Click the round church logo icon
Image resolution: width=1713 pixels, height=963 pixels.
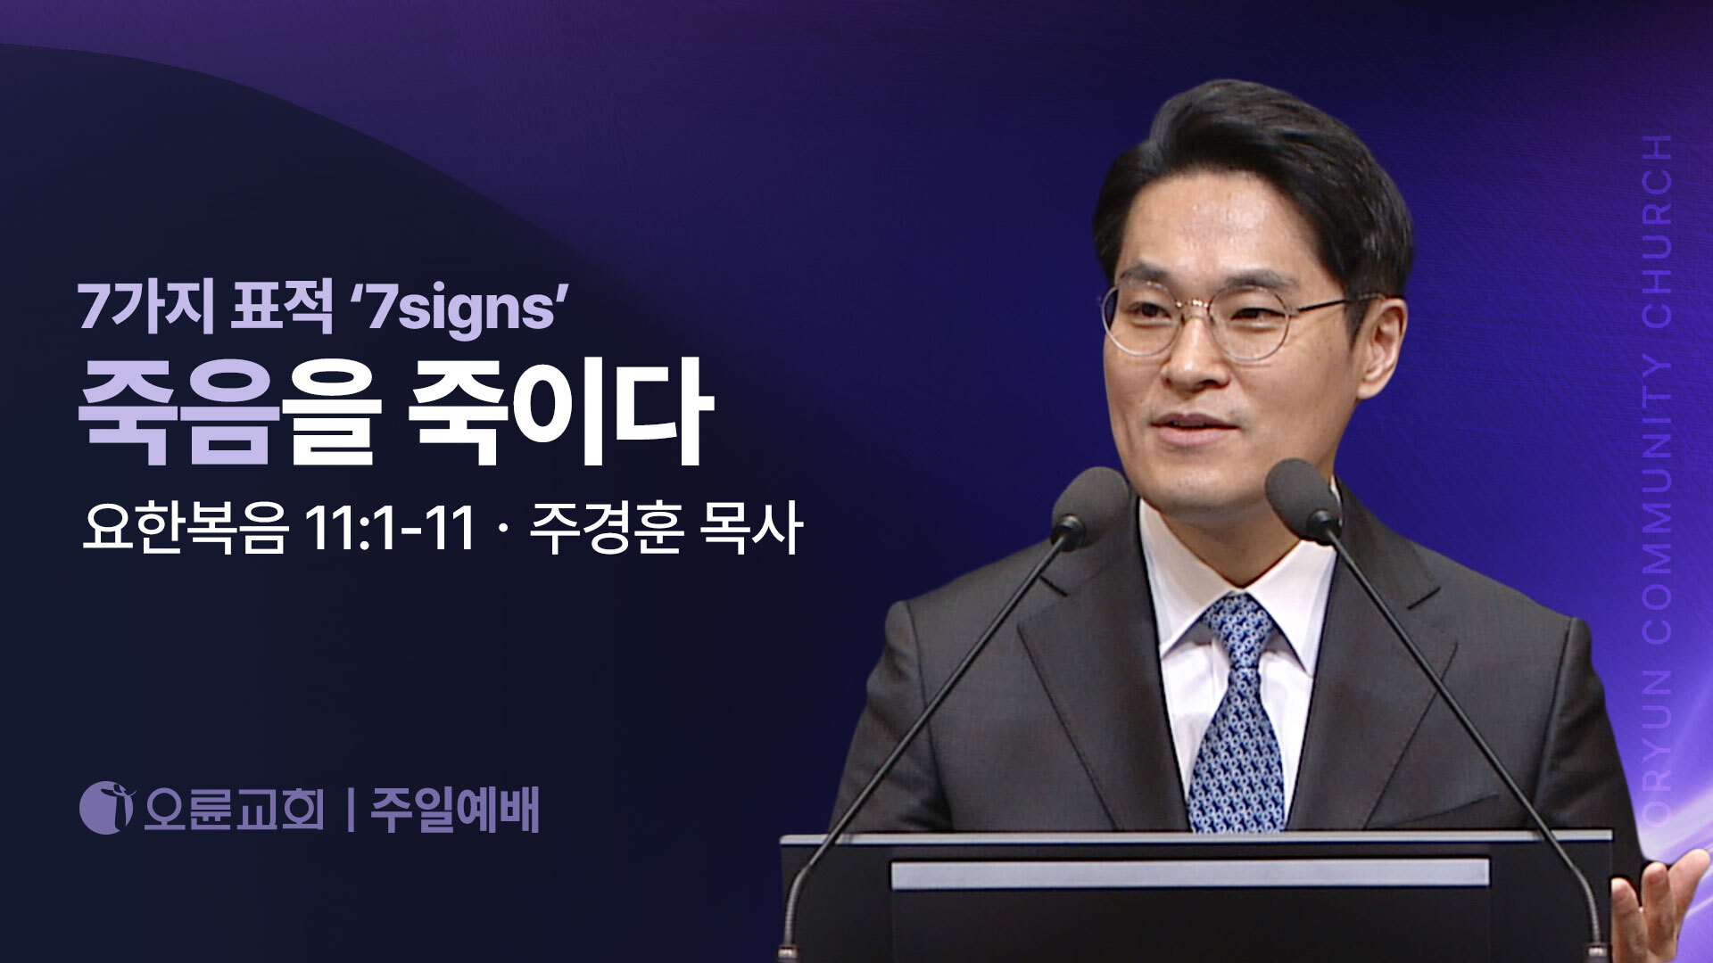tap(107, 808)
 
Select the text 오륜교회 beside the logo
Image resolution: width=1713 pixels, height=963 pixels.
tap(234, 810)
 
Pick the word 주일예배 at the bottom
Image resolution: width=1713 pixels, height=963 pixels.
tap(455, 810)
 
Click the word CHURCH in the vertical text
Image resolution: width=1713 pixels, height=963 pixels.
tap(1659, 235)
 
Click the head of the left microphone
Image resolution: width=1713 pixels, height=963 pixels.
tap(1089, 503)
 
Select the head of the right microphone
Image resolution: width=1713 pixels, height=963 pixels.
tap(1304, 500)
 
